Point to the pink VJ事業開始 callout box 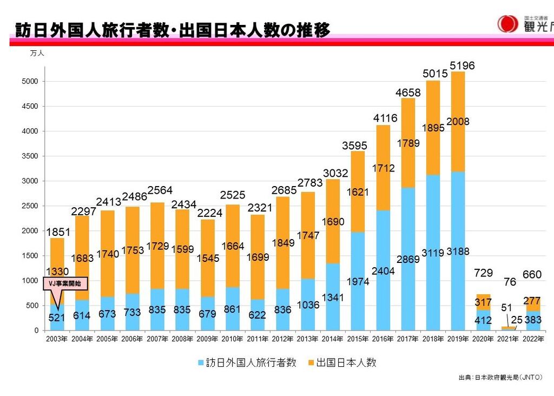(65, 283)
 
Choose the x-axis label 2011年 (258, 339)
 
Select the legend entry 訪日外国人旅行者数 (247, 363)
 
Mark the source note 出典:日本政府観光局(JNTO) (500, 378)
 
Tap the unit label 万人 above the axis (37, 54)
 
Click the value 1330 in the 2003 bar (57, 272)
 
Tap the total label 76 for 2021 (510, 282)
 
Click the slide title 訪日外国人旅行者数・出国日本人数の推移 (172, 30)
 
